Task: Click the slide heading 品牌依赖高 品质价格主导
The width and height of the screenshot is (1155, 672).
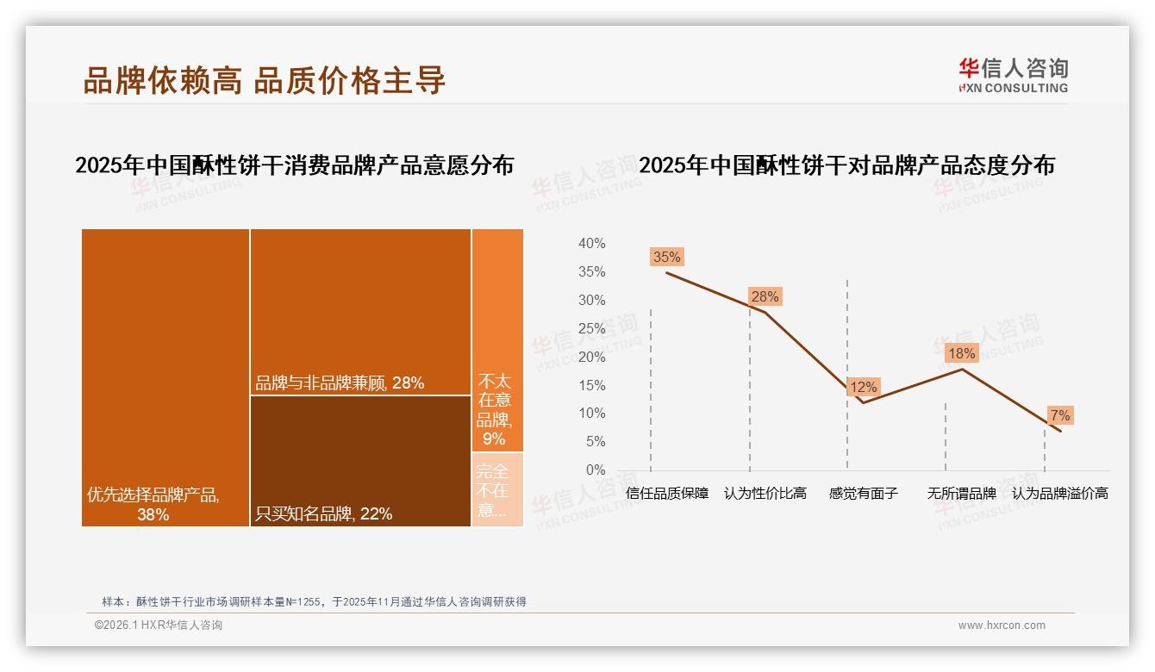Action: pos(264,79)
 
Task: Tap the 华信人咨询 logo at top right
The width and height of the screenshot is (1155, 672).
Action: pos(1013,75)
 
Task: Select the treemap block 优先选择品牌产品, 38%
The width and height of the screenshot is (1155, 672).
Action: pos(165,377)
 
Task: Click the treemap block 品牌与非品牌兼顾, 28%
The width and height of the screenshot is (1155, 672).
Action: pos(360,312)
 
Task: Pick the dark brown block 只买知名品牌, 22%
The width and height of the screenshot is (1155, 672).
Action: pos(360,461)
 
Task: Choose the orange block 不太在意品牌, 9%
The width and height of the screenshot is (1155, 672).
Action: pos(497,339)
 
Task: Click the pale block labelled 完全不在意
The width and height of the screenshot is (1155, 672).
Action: pos(497,489)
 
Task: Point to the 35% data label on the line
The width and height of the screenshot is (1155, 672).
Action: pos(666,257)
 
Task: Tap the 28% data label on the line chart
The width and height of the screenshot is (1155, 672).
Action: pos(765,296)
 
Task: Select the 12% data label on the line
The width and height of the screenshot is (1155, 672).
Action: pos(863,388)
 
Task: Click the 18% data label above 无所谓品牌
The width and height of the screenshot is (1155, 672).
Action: pos(961,353)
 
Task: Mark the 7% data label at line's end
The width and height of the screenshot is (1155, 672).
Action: pos(1059,415)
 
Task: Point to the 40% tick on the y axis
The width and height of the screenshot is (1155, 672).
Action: pos(591,244)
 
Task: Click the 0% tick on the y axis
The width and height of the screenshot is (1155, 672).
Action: pos(595,470)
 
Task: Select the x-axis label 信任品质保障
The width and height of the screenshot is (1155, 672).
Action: pos(667,494)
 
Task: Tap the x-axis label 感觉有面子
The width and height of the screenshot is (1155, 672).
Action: pos(863,494)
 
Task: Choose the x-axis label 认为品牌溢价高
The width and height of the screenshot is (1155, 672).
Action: pos(1059,494)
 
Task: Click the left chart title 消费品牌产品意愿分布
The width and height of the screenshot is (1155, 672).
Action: pos(294,165)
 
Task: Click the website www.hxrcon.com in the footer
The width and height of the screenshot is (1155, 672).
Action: pos(1001,625)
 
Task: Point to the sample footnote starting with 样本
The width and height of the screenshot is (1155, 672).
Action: pos(314,601)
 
